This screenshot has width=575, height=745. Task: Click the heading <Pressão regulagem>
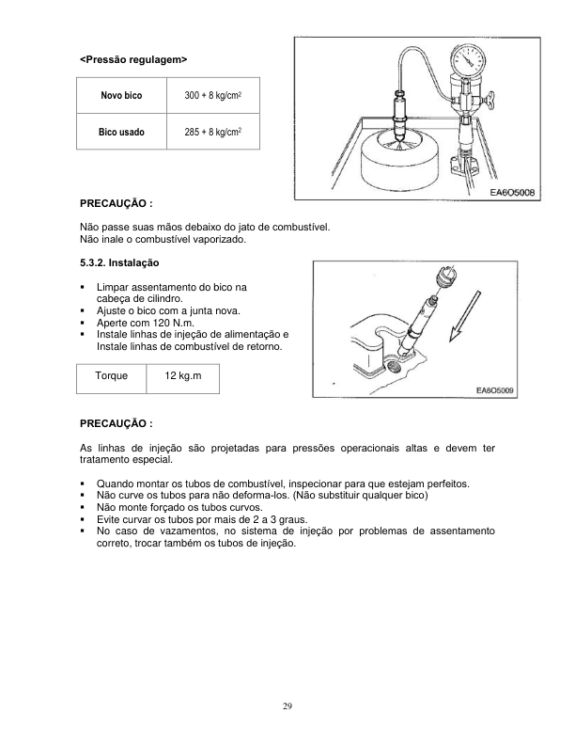[133, 59]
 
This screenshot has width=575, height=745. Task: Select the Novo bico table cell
[121, 97]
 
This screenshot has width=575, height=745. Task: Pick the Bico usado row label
[121, 133]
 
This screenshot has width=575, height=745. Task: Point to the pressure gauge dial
[467, 65]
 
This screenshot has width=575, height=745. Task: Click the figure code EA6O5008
[512, 192]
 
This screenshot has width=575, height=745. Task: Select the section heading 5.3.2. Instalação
[120, 262]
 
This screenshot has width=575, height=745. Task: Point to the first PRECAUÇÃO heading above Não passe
[117, 202]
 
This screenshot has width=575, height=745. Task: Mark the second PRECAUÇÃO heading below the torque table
[117, 423]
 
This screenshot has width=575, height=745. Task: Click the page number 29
[287, 705]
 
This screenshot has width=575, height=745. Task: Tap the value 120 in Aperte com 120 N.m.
[156, 322]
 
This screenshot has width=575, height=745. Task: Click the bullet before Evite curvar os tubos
[85, 519]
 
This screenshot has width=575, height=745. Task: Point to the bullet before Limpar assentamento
[85, 285]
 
